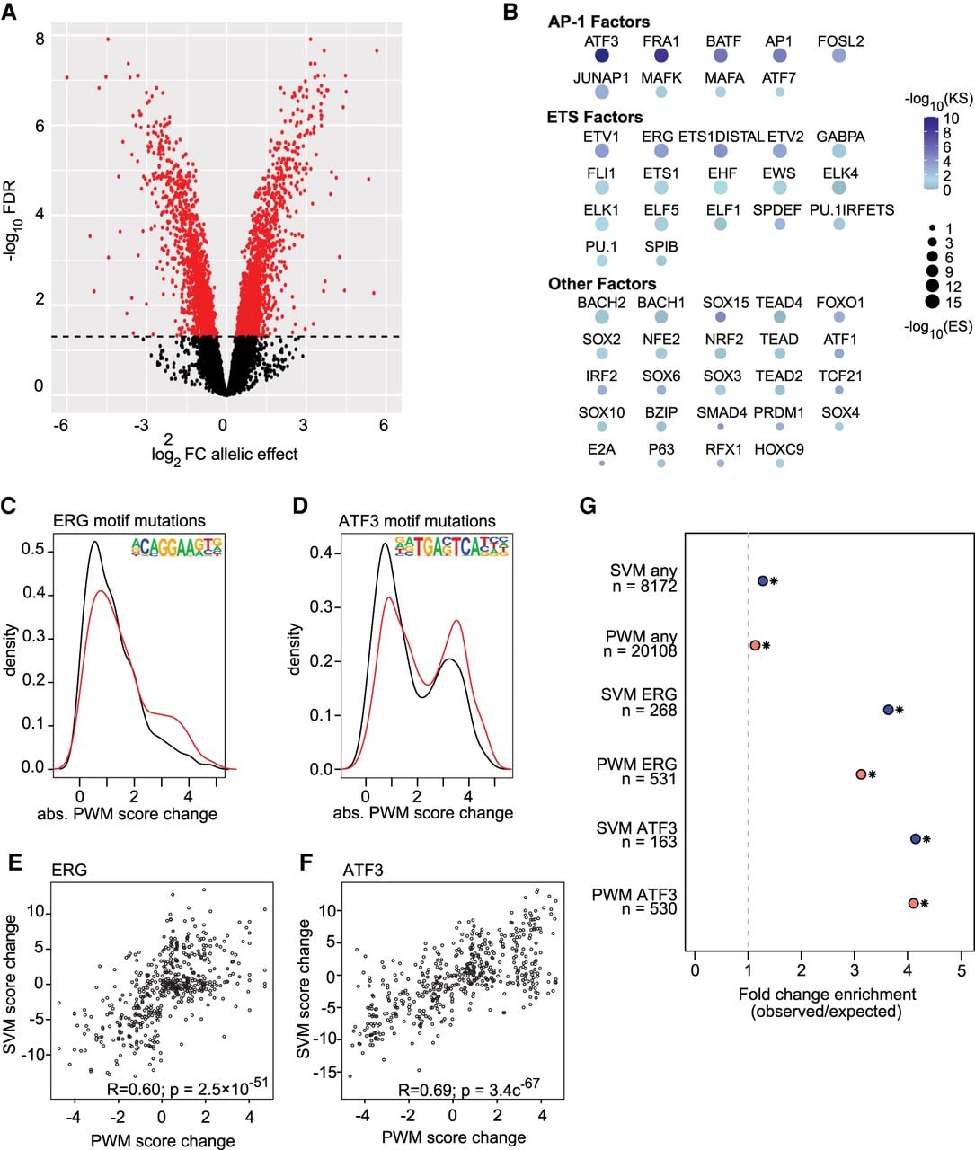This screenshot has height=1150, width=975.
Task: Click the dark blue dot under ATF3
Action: coord(601,56)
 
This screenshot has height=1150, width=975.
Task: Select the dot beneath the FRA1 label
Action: coord(661,56)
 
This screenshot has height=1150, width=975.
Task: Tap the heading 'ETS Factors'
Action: coord(594,117)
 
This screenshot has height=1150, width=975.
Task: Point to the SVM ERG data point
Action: coord(888,710)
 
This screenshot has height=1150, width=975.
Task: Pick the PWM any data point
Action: coord(755,645)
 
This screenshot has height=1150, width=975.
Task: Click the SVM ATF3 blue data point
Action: coord(916,838)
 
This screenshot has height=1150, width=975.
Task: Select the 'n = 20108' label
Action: coord(640,651)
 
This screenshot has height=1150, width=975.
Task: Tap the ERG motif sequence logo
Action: coord(176,547)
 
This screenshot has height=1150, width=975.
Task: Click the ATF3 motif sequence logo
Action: coord(451,546)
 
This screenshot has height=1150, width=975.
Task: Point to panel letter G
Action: coord(588,507)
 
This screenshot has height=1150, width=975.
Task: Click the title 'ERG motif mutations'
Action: coord(129,521)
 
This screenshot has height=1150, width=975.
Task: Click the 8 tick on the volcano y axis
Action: coord(40,39)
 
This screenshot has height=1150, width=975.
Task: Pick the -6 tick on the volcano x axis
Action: coord(60,426)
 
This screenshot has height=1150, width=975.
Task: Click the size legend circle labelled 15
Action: coord(933,302)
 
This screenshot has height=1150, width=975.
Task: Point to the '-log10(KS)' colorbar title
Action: coord(939,100)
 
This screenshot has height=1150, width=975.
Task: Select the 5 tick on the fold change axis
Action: coord(962,971)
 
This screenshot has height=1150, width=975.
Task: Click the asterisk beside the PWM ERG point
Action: coord(872,774)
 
